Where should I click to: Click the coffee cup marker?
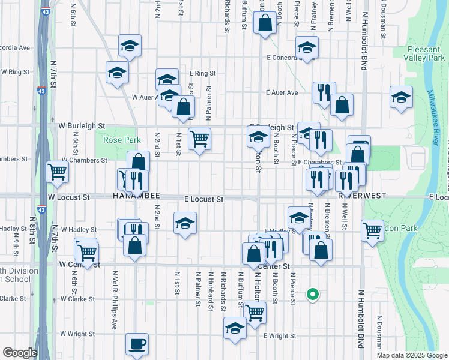[137, 344]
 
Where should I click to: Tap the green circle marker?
[312, 294]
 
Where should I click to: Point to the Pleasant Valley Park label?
[425, 54]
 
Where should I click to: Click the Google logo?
[20, 353]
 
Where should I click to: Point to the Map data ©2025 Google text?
[411, 355]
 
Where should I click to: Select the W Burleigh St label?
[82, 126]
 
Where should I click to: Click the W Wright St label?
[79, 334]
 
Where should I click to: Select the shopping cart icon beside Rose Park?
[199, 139]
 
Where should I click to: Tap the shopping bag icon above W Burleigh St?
[184, 107]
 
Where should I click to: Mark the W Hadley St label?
[79, 230]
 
